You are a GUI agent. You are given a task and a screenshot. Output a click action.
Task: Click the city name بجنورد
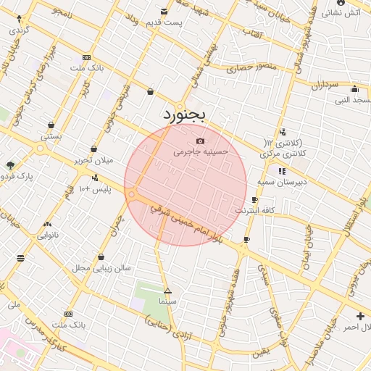[x=185, y=114]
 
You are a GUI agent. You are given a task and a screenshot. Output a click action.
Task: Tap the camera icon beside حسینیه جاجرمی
[x=201, y=140]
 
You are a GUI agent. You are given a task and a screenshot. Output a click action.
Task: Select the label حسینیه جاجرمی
[x=201, y=152]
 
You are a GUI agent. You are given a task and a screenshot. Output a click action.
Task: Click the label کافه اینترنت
[x=250, y=210]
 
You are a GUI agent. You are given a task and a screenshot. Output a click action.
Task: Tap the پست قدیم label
[x=164, y=22]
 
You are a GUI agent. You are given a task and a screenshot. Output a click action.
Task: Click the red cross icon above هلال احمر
[x=360, y=316]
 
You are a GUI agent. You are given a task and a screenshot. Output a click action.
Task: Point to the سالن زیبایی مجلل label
[x=101, y=267]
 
